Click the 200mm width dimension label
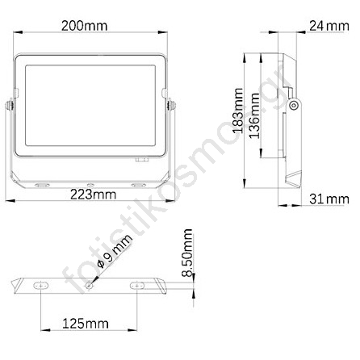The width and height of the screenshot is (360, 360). (x=84, y=26)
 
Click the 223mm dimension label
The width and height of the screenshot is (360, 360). (x=93, y=195)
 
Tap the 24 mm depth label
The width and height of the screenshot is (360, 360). (x=329, y=26)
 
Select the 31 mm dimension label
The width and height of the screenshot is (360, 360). (x=329, y=199)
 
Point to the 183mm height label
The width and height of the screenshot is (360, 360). (x=238, y=111)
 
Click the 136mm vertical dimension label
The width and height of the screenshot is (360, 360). (x=254, y=115)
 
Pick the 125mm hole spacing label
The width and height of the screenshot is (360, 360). (x=86, y=324)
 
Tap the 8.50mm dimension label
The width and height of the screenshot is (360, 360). (x=187, y=253)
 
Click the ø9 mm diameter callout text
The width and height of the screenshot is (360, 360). (x=115, y=252)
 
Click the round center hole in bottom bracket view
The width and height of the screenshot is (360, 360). (x=89, y=286)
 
